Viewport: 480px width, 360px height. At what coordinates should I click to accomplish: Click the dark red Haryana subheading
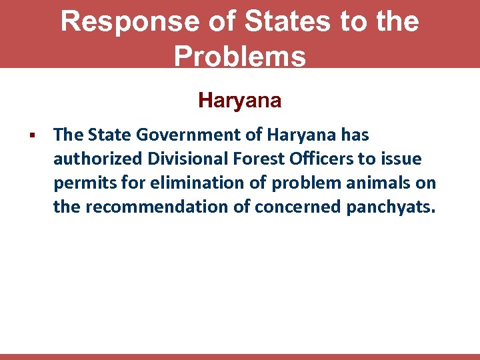point(240,101)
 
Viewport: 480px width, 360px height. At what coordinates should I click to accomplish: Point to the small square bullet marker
point(31,136)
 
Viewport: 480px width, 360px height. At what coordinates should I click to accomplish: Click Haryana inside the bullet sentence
point(302,135)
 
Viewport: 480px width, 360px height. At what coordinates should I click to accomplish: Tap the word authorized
point(97,159)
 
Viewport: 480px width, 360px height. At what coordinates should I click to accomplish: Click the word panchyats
point(391,207)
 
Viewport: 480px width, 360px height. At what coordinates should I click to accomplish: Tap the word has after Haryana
point(355,135)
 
